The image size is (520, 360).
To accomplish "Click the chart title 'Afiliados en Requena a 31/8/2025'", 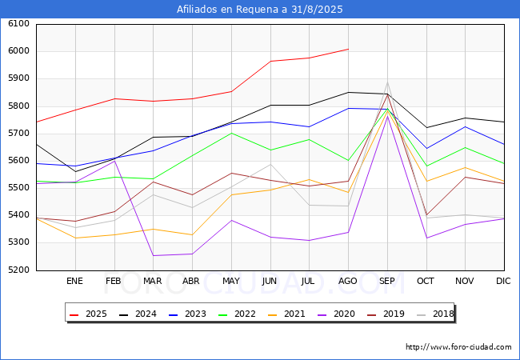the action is click(x=259, y=10).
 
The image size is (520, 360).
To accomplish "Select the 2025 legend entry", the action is click(x=88, y=314).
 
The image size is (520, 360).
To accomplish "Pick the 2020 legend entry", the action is click(x=336, y=314).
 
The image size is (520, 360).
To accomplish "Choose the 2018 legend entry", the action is click(x=435, y=314).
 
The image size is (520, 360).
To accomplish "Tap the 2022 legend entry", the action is click(x=237, y=314).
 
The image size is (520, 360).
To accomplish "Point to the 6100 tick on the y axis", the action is click(x=18, y=24).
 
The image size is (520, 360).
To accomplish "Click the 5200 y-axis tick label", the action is click(x=18, y=270).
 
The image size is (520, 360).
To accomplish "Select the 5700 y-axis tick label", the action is click(x=18, y=134).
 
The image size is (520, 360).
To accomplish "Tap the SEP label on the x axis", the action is click(x=387, y=281).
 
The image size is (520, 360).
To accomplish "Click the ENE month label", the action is click(x=74, y=281).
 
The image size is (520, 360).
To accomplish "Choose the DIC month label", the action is click(x=503, y=281).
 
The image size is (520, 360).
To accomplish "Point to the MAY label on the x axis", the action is click(x=231, y=281).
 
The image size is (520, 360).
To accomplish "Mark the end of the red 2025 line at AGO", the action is click(x=348, y=49).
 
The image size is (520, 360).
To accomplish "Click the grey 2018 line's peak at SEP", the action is click(x=387, y=82).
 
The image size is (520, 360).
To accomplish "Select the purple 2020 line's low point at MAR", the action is click(x=154, y=255).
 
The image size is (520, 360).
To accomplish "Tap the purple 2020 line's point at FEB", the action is click(x=114, y=161).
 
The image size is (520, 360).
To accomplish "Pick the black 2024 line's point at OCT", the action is click(x=426, y=128).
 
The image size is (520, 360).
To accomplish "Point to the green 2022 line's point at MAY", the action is click(x=231, y=134).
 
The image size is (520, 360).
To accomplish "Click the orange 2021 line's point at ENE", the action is click(x=76, y=238).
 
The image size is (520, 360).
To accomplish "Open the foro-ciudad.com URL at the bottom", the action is click(x=458, y=346).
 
